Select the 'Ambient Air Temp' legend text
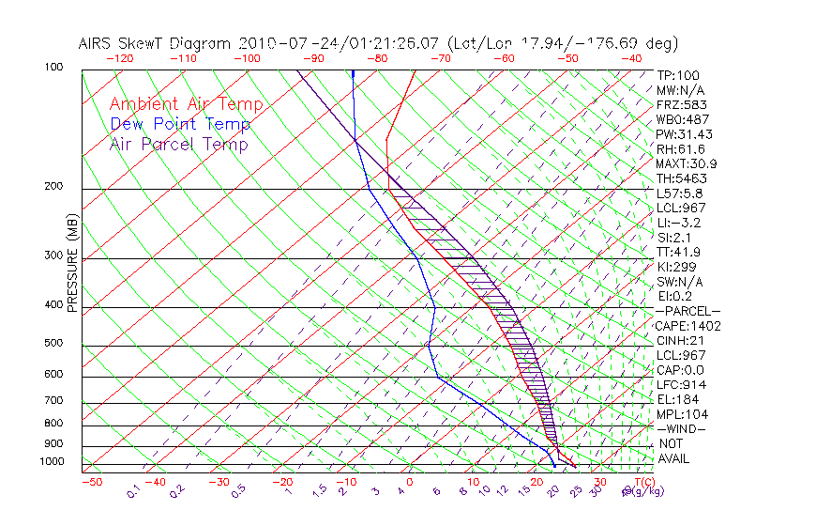pyautogui.click(x=186, y=104)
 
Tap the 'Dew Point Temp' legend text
pyautogui.click(x=180, y=124)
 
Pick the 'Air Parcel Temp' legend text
pyautogui.click(x=179, y=144)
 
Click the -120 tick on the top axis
pyautogui.click(x=120, y=58)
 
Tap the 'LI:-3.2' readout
pyautogui.click(x=679, y=223)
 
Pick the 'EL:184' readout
pyautogui.click(x=675, y=399)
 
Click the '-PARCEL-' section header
pyautogui.click(x=688, y=311)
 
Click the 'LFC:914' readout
pyautogui.click(x=681, y=385)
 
